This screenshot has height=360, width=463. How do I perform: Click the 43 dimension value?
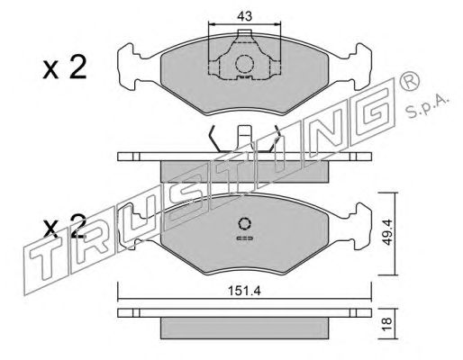(244, 16)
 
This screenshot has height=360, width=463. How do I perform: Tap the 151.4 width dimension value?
(244, 291)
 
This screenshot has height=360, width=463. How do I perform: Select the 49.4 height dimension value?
(387, 232)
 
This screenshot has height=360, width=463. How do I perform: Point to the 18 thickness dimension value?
(387, 321)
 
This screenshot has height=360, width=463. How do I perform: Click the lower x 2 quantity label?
(65, 226)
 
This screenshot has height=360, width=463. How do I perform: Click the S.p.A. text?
(427, 106)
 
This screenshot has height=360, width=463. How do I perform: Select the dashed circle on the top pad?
(245, 64)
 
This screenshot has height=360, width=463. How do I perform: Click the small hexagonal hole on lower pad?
(245, 223)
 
